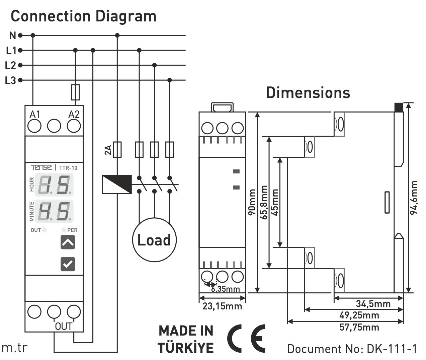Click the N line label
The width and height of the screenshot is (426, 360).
click(x=12, y=35)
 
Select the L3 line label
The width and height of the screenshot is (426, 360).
click(x=11, y=80)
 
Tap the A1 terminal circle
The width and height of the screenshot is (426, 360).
click(x=34, y=126)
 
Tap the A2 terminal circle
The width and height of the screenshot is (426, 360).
click(x=74, y=126)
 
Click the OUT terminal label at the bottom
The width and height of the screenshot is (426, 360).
click(x=64, y=326)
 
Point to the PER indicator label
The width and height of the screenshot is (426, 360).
click(x=72, y=230)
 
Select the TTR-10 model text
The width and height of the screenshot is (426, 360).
click(x=68, y=167)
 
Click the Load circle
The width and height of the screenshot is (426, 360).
click(x=154, y=240)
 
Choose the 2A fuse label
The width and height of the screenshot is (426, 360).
click(x=108, y=150)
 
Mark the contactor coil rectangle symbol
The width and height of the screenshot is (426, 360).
click(x=117, y=184)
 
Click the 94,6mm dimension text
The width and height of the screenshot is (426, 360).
click(x=414, y=197)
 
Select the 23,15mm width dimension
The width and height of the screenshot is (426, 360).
click(x=222, y=306)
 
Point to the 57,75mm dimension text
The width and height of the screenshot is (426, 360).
click(x=359, y=327)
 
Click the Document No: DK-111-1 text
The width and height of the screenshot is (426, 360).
click(x=352, y=349)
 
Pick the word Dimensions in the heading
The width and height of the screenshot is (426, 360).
click(x=308, y=93)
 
